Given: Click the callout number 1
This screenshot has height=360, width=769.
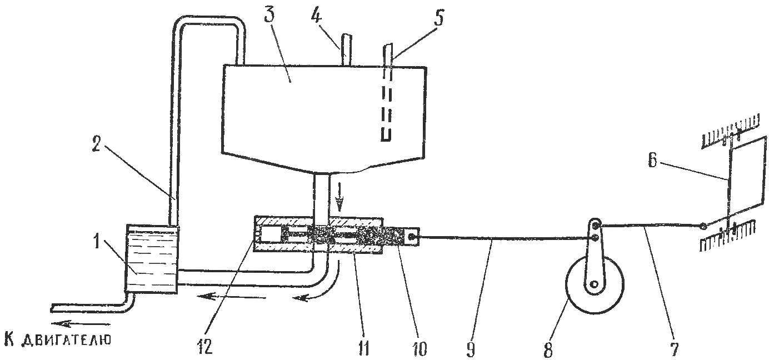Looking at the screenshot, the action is coord(97,243).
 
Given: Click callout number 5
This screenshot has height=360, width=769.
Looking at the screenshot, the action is coord(438,17).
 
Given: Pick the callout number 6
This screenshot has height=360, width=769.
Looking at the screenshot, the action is coord(652,161).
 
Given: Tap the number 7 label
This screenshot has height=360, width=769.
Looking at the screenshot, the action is coord(674,348).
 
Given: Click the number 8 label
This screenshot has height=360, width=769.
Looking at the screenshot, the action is coord(548,349).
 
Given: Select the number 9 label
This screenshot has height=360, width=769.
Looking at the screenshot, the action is coord(470,348).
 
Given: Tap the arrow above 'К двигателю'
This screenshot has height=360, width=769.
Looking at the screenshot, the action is coord(81,324).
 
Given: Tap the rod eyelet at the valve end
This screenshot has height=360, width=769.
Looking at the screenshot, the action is coord(412,237).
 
